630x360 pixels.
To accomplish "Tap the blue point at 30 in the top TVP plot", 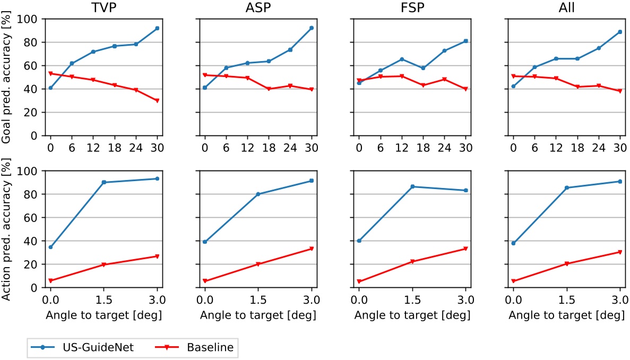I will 157,28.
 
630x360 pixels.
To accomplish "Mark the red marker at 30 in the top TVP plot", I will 157,101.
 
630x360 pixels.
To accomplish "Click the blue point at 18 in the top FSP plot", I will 423,68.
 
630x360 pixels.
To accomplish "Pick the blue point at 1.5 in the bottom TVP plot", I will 103,182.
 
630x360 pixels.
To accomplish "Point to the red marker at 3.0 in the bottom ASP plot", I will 311,248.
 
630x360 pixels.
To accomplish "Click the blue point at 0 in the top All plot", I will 513,86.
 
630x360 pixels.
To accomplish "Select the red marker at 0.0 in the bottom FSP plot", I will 359,281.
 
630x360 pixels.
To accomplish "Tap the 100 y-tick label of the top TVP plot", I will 32,19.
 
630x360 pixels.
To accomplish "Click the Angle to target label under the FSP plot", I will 412,315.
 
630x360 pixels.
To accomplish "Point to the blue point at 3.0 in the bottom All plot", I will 619,182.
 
